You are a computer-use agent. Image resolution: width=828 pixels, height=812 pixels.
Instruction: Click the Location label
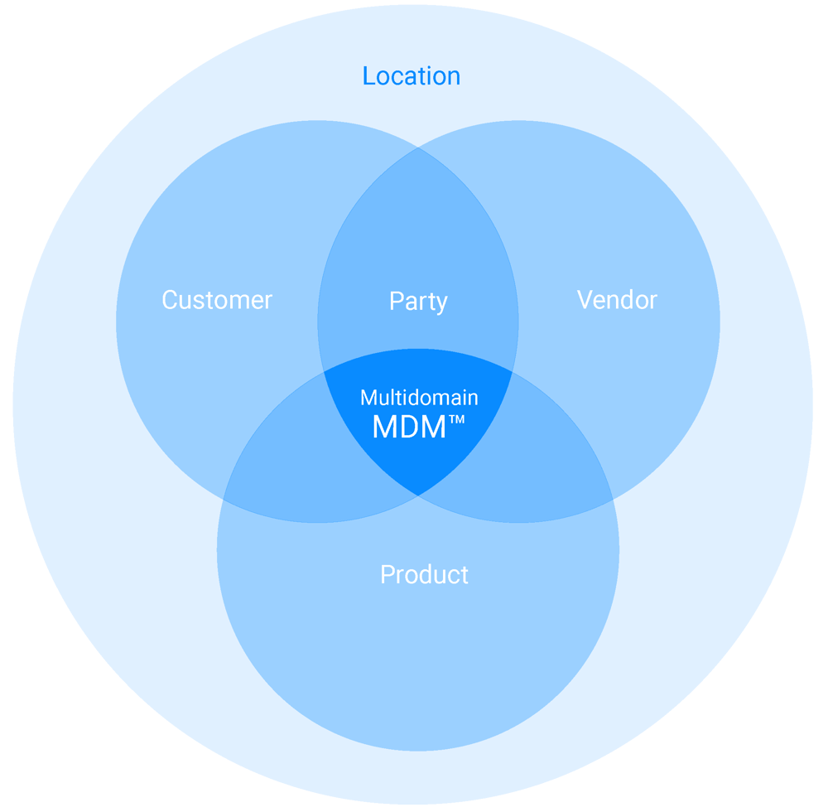412,76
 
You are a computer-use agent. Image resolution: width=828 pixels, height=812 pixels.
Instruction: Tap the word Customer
217,300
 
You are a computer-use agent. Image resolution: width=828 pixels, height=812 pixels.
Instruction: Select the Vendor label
617,300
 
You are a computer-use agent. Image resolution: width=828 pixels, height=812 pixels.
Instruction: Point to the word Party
418,302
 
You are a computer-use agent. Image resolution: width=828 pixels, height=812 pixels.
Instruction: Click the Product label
424,574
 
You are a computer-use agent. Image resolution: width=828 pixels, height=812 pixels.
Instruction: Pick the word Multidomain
419,398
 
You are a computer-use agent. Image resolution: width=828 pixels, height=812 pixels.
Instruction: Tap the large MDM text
409,427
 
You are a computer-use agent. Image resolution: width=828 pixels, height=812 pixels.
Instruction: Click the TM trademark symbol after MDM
457,420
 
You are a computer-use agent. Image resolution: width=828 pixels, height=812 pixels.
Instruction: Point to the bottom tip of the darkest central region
418,495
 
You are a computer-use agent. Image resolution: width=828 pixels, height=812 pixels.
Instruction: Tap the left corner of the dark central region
322,371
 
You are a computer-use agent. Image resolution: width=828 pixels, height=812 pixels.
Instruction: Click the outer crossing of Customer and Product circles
224,500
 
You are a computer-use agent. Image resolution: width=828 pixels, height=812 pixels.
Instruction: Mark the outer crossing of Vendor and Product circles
613,500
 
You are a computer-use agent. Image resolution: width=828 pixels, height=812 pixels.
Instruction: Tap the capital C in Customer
170,300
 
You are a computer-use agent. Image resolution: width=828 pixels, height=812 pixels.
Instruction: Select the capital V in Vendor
585,300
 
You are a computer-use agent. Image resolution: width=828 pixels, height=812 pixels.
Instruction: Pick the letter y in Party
441,304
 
